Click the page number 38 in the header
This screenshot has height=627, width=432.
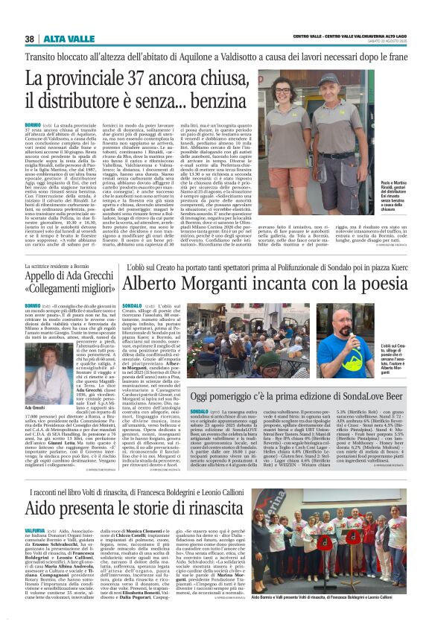pyautogui.click(x=30, y=39)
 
